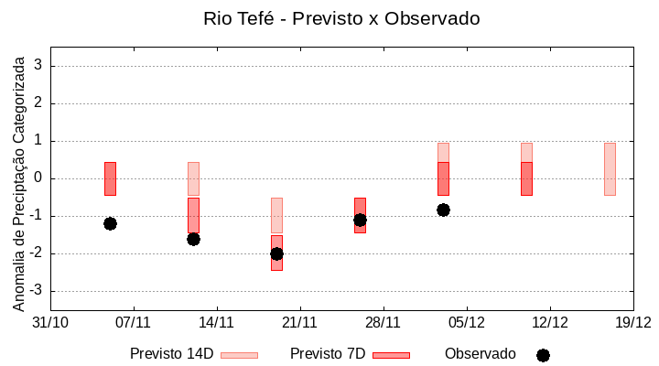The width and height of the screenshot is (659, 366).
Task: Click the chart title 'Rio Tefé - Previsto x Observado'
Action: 340,18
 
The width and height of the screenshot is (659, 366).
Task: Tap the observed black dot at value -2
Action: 276,253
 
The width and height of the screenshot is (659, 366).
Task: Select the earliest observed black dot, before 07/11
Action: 110,223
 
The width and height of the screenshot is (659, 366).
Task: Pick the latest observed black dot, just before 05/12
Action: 443,210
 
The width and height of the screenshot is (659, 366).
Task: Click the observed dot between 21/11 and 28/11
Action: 360,220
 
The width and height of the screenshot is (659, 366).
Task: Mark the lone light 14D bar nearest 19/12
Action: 610,169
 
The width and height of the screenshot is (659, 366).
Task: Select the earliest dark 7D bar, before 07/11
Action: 110,178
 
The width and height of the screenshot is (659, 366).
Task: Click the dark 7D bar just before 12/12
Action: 526,178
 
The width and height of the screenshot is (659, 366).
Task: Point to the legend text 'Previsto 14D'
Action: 171,354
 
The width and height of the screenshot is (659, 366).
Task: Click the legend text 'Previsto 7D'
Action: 328,354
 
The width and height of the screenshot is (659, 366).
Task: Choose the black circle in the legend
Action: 543,355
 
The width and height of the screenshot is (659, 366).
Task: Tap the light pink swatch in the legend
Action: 239,355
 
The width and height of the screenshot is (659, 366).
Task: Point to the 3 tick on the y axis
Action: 38,66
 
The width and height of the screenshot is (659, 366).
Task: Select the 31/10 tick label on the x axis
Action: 50,322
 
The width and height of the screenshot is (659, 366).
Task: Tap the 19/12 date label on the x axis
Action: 632,322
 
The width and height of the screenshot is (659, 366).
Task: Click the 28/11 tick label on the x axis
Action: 383,322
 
